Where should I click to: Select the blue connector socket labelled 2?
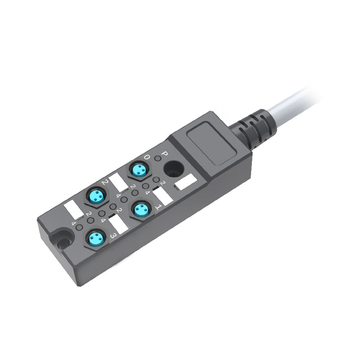tap(97, 196)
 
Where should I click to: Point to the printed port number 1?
tap(158, 207)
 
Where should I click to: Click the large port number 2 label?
tap(104, 182)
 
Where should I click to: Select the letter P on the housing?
tap(164, 154)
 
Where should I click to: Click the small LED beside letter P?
tap(157, 158)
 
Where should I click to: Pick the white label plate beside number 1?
tap(163, 197)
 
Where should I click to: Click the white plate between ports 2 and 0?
tap(119, 182)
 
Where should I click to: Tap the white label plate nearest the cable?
tap(185, 182)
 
